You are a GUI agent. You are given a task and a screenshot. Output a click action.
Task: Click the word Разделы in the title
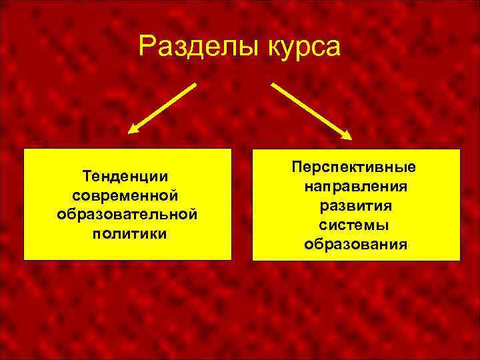tap(187, 47)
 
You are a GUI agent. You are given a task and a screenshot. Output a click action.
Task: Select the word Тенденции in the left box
tap(125, 177)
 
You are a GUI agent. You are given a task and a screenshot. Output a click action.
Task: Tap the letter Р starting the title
tap(146, 47)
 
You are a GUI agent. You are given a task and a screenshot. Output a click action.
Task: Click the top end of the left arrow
tap(196, 84)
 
